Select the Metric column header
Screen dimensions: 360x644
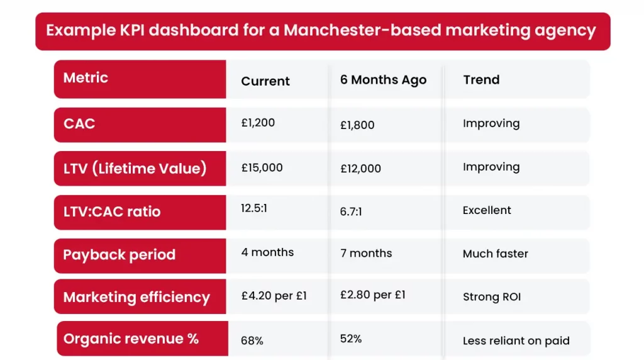[86, 78]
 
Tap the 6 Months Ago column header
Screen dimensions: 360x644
[383, 80]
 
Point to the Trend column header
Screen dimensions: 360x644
[481, 80]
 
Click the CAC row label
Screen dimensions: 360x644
[79, 123]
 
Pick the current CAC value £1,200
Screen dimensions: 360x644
[258, 123]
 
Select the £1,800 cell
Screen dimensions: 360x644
[357, 125]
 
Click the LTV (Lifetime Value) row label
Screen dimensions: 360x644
[135, 168]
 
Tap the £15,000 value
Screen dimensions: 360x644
[262, 167]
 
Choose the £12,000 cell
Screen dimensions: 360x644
[360, 169]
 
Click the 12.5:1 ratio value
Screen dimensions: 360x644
[254, 208]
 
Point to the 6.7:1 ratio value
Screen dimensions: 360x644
[352, 212]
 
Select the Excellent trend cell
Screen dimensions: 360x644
[487, 210]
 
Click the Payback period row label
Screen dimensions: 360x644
[119, 255]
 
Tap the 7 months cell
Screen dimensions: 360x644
[366, 253]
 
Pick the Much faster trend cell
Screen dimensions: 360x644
[495, 254]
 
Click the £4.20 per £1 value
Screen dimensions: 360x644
[274, 295]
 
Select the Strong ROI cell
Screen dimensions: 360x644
[492, 297]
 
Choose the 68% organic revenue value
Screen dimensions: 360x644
[252, 340]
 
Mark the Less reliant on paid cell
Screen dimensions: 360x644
[516, 341]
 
